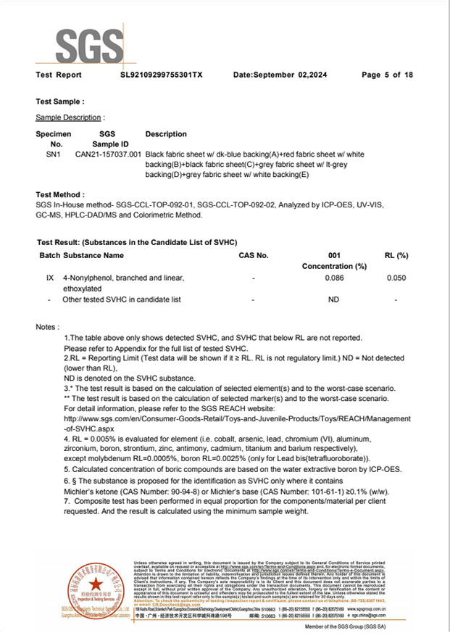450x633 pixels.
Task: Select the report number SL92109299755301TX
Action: click(x=162, y=75)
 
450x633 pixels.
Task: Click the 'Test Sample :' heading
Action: click(x=60, y=102)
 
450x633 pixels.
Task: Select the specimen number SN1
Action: click(x=54, y=154)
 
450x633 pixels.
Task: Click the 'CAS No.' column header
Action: click(x=253, y=256)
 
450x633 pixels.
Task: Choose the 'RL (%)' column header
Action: click(x=396, y=256)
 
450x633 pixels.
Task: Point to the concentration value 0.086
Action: click(x=334, y=278)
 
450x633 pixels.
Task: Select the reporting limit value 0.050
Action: click(x=396, y=278)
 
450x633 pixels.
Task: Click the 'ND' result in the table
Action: click(x=334, y=299)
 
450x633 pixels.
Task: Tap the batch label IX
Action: click(x=49, y=278)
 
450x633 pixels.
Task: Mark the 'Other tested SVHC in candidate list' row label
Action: click(x=122, y=299)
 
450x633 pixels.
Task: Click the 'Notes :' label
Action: click(x=48, y=328)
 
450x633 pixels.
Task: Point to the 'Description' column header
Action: click(x=166, y=135)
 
